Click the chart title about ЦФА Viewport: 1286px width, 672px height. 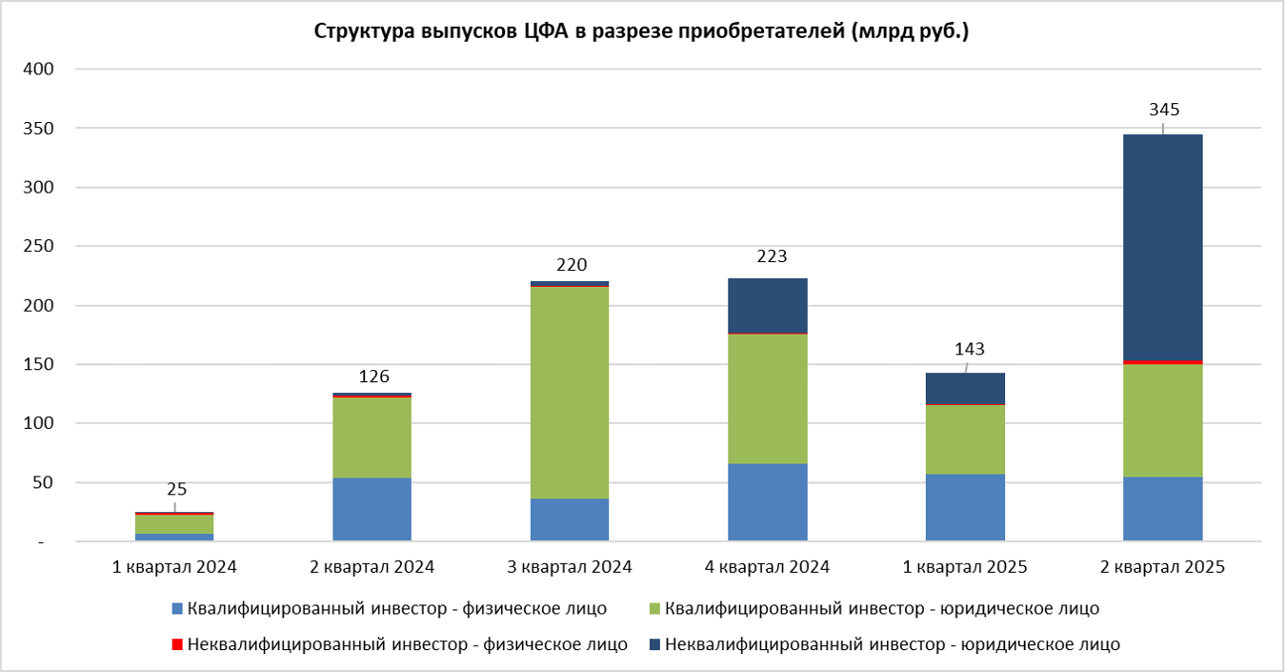point(642,31)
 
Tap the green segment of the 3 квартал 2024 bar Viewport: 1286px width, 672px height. point(570,392)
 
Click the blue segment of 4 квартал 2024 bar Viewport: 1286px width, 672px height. point(767,502)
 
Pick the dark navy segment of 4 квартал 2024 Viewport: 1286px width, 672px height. point(767,305)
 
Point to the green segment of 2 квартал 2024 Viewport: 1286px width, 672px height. point(372,438)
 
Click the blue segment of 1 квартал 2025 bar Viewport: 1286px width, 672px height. point(965,507)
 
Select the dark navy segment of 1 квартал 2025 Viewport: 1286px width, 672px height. point(965,388)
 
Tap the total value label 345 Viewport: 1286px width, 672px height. point(1164,110)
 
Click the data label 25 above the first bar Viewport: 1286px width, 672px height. point(176,490)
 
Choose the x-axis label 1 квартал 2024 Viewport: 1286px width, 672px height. point(174,567)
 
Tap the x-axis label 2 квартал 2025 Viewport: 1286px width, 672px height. point(1162,567)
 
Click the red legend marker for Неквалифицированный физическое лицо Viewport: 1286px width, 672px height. point(175,645)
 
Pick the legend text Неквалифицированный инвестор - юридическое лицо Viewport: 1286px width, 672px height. point(892,644)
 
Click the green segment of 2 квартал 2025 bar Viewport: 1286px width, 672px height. point(1162,420)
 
